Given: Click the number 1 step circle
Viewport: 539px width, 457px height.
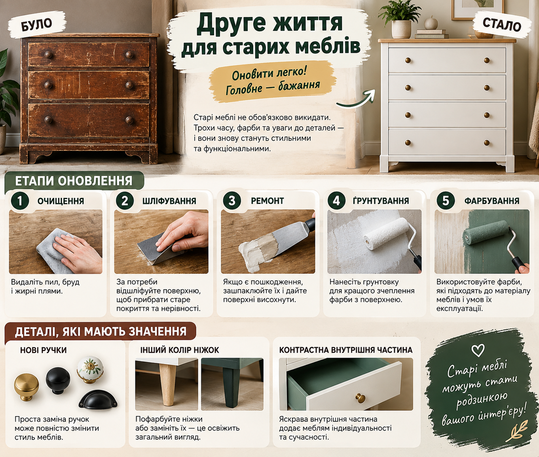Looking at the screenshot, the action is [x=20, y=201].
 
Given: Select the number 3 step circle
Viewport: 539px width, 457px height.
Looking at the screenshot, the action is [x=232, y=201].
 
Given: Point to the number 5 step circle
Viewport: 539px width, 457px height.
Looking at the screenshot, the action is [x=446, y=201].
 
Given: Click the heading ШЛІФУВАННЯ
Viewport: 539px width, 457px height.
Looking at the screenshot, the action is [x=169, y=201].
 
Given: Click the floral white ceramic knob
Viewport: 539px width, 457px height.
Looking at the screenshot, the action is [x=90, y=370].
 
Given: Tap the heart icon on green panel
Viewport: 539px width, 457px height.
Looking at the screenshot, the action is [x=478, y=350].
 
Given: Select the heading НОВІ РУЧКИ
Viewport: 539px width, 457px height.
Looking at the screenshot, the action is [x=43, y=350].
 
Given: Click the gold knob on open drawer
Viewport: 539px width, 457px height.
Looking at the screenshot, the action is [x=361, y=398].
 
